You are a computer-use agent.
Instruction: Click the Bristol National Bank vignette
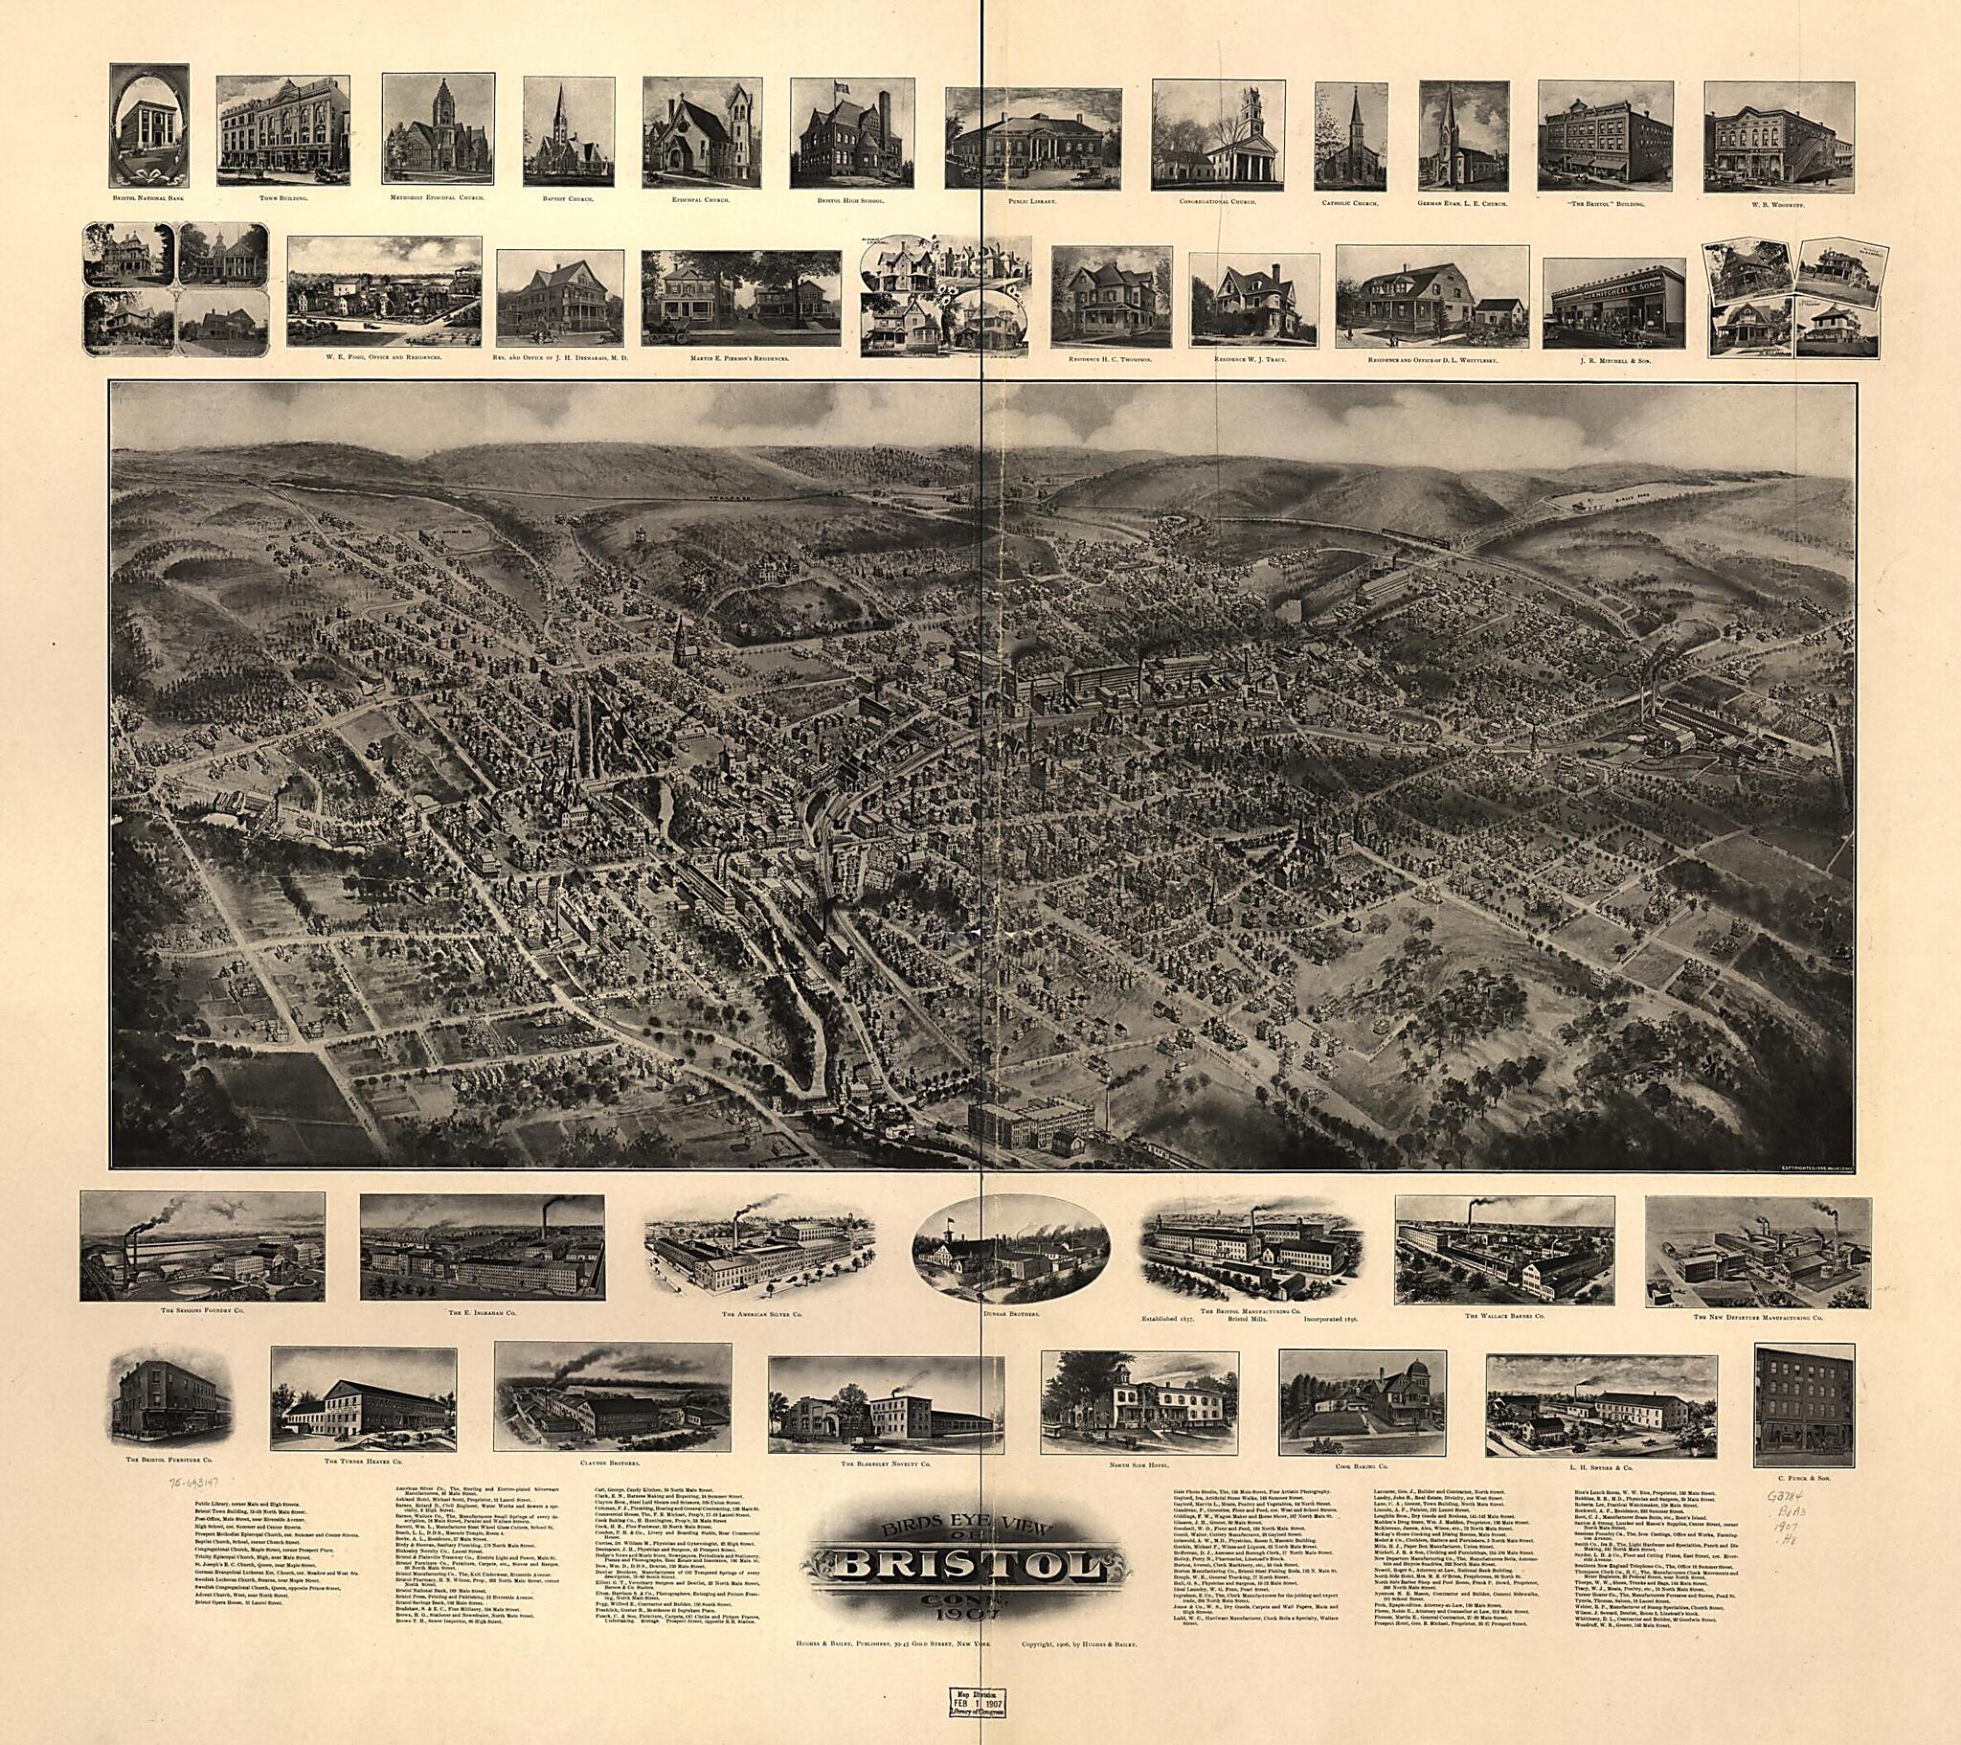tap(148, 125)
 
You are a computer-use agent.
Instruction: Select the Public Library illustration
tap(1032, 137)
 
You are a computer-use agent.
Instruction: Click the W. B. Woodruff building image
tap(1778, 138)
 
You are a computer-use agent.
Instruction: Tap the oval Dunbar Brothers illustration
tap(1011, 1248)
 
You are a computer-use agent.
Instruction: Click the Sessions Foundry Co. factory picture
tap(202, 1247)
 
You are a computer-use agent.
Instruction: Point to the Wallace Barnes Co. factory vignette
tap(1504, 1249)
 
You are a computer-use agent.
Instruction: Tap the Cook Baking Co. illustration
tap(1363, 1402)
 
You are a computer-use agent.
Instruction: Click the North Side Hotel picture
tap(1138, 1401)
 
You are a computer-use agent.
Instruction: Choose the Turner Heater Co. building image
tap(363, 1400)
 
